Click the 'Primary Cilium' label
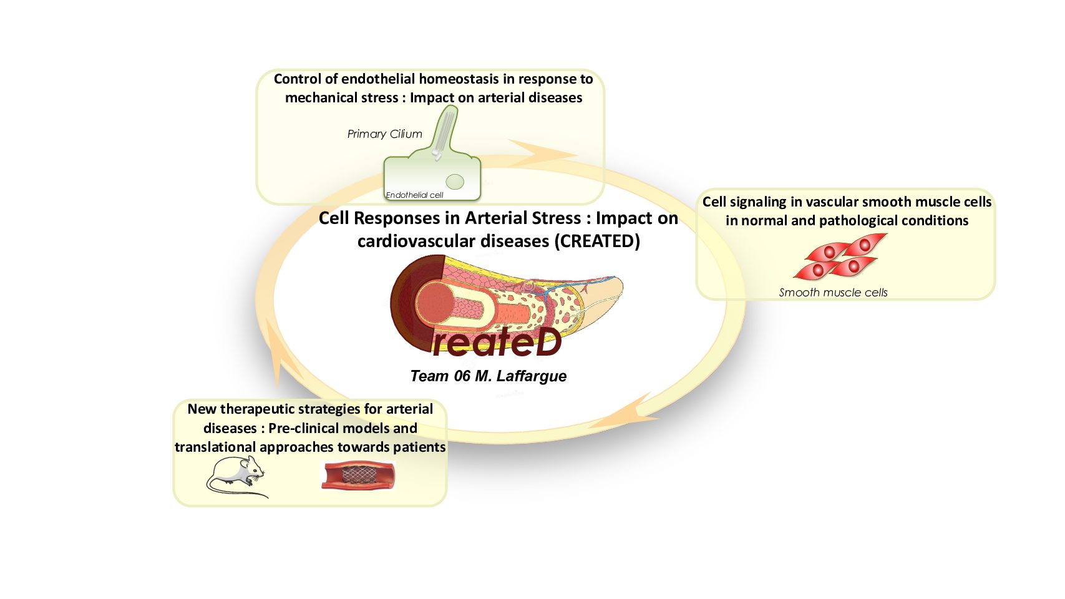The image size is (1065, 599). tap(384, 134)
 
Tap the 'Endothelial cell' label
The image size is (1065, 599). tap(414, 195)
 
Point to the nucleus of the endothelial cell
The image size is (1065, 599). tap(455, 182)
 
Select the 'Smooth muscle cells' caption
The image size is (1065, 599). tap(833, 293)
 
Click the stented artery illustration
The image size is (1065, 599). tap(357, 475)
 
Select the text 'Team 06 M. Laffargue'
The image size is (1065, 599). tap(489, 376)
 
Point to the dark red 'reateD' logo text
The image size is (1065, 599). tap(497, 342)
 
